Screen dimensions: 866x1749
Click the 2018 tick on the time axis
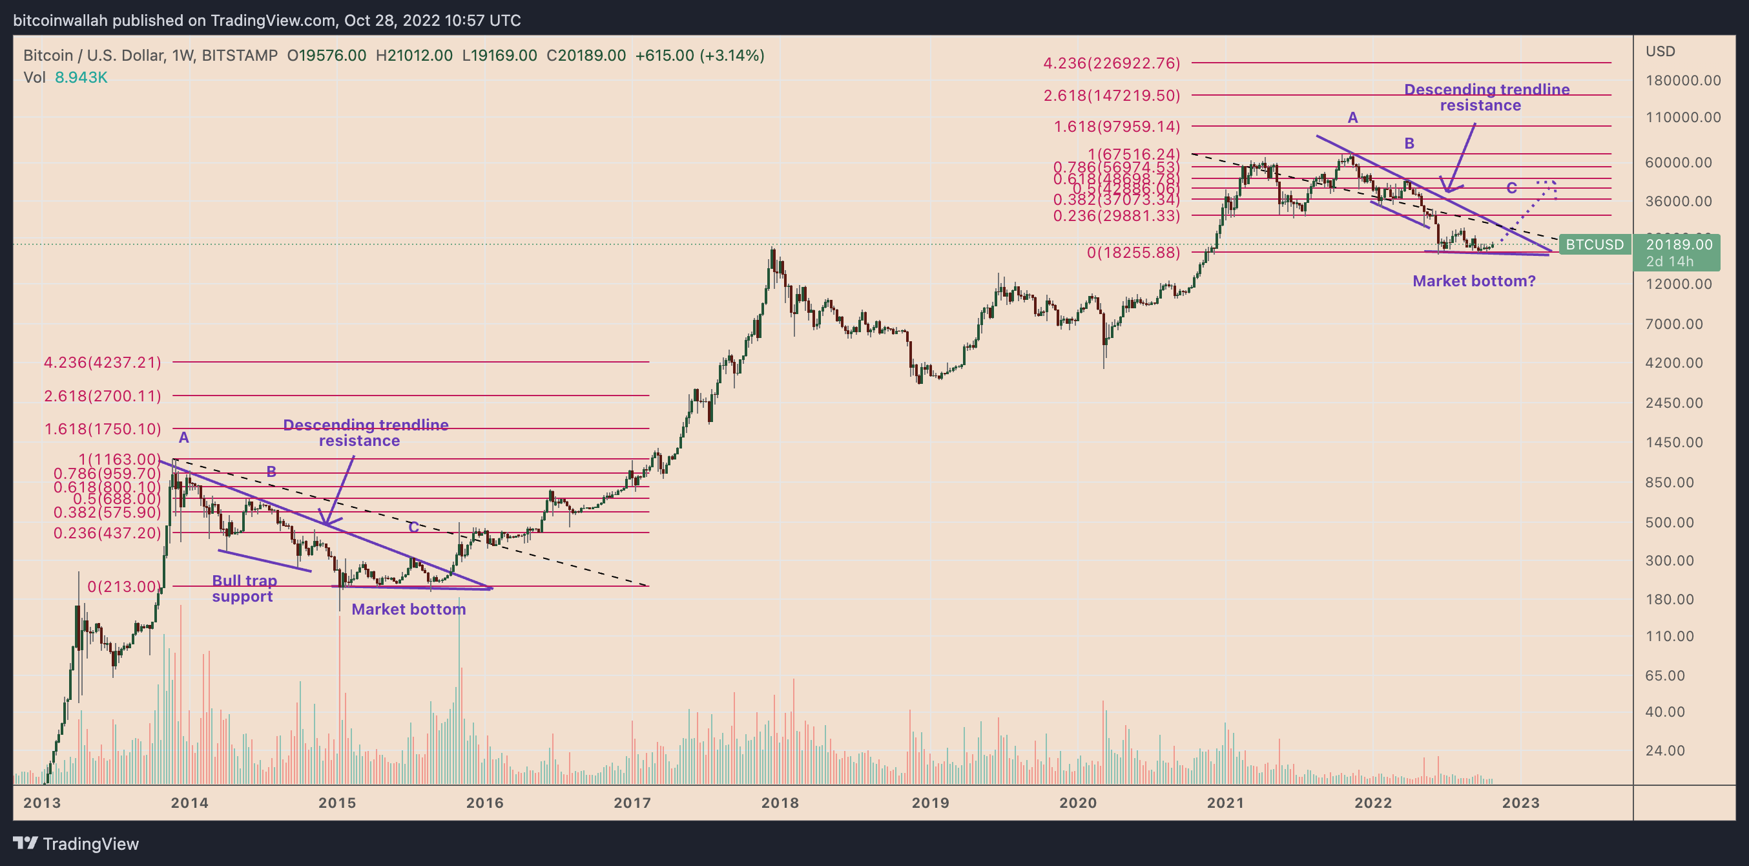pos(780,803)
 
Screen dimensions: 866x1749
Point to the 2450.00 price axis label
pos(1673,403)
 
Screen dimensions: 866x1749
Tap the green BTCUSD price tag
pos(1594,244)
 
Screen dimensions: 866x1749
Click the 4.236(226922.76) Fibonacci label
pos(1112,63)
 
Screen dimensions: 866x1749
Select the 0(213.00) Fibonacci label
pos(123,586)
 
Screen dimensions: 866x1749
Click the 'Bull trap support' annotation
pos(243,588)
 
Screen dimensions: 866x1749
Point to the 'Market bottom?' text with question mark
pos(1473,281)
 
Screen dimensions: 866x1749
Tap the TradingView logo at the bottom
pos(76,843)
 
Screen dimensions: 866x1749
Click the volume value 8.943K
pos(81,78)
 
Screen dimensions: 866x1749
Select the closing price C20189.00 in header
pos(586,56)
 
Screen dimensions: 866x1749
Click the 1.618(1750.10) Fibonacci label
pos(103,429)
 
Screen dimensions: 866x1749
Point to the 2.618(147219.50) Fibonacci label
pos(1112,95)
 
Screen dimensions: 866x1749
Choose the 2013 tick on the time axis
pos(42,803)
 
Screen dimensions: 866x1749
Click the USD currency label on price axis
pos(1660,52)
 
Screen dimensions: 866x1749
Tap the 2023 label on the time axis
pos(1520,803)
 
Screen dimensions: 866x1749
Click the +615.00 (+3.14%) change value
pos(699,56)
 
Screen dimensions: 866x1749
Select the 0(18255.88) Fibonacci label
pos(1133,253)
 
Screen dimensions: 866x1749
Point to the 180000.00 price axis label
pos(1682,81)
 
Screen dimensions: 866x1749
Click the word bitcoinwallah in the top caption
pos(60,21)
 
